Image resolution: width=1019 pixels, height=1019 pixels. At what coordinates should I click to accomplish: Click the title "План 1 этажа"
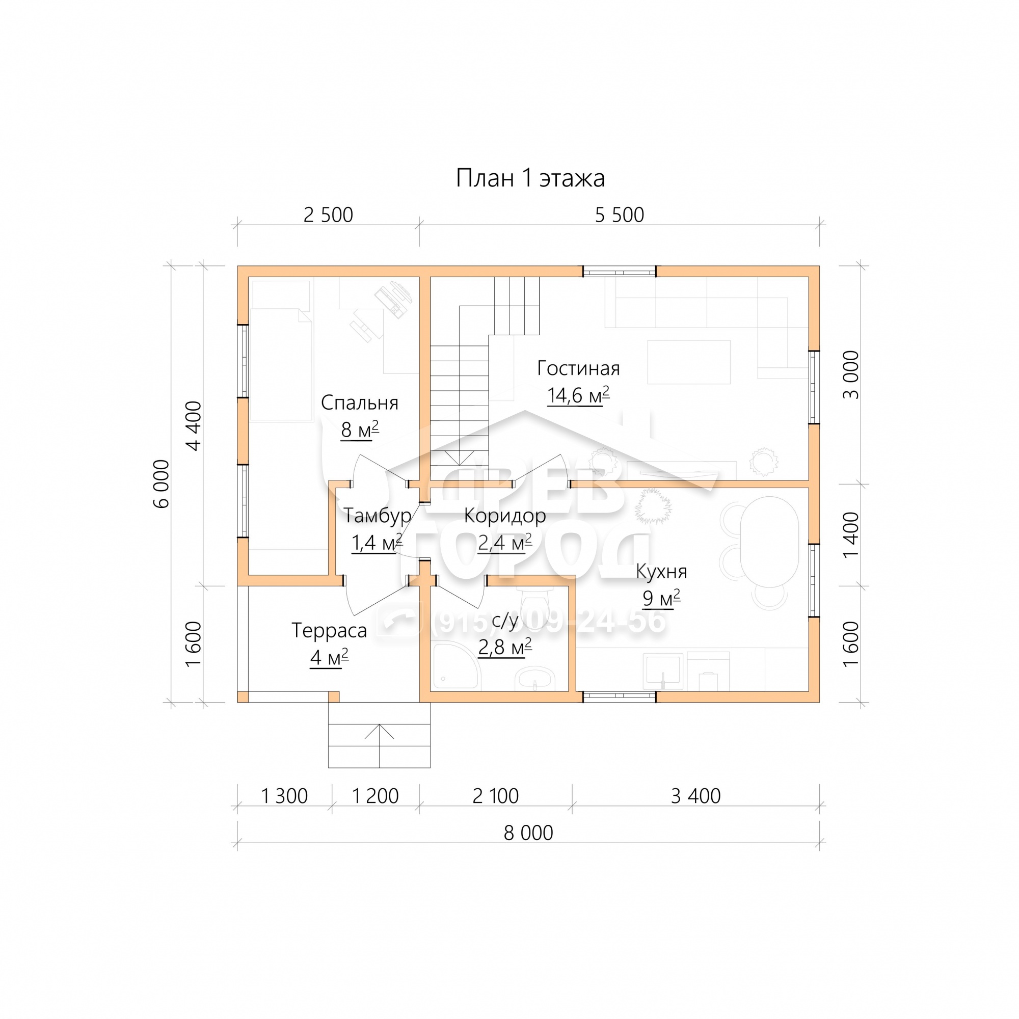tap(530, 178)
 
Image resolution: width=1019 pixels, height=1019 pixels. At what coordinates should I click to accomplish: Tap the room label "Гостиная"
tap(578, 368)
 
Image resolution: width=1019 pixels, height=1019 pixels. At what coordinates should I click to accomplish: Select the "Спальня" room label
tap(359, 403)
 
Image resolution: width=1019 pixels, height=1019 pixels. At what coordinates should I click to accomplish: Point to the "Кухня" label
tap(661, 572)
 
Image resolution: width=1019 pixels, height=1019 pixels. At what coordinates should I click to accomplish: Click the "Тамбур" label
tap(377, 516)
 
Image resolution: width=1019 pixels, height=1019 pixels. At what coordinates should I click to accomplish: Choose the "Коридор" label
tap(505, 516)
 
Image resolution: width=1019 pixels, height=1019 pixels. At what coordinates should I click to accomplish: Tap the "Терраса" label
tap(329, 631)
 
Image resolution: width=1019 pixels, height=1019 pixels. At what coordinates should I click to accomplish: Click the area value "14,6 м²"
tap(578, 395)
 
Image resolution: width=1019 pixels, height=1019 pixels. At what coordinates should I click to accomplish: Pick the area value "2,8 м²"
tap(505, 647)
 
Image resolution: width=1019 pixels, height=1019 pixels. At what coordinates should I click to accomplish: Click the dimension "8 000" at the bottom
tap(528, 833)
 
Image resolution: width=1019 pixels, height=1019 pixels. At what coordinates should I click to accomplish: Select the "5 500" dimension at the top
tap(619, 215)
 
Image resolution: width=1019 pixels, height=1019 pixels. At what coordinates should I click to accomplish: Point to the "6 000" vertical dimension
tap(162, 484)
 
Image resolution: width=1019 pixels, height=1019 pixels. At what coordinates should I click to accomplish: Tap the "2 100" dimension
tap(496, 796)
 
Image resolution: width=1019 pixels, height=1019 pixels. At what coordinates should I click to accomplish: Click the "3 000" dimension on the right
tap(851, 375)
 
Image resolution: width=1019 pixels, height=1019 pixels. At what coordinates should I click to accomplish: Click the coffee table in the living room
tap(689, 362)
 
